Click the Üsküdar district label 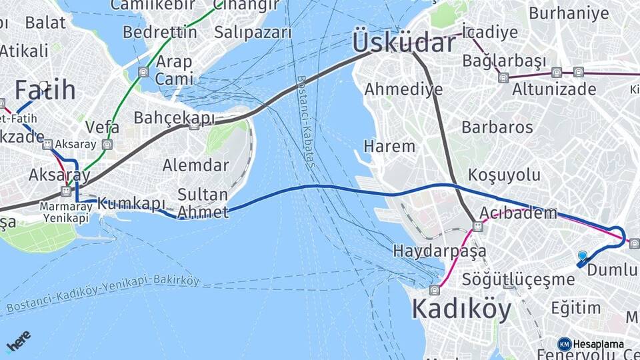pyautogui.click(x=404, y=43)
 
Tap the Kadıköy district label pyautogui.click(x=461, y=309)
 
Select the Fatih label pyautogui.click(x=45, y=90)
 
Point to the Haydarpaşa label pyautogui.click(x=439, y=251)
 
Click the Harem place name pyautogui.click(x=389, y=145)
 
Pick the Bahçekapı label pyautogui.click(x=175, y=118)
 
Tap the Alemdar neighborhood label pyautogui.click(x=196, y=165)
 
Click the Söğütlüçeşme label pyautogui.click(x=519, y=279)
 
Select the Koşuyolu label pyautogui.click(x=505, y=175)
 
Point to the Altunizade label pyautogui.click(x=554, y=89)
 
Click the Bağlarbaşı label pyautogui.click(x=504, y=61)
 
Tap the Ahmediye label pyautogui.click(x=403, y=89)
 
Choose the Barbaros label pyautogui.click(x=497, y=127)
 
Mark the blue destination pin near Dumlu pyautogui.click(x=583, y=256)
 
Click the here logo pyautogui.click(x=18, y=340)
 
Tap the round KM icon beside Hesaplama pyautogui.click(x=565, y=344)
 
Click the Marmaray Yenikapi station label pyautogui.click(x=65, y=212)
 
